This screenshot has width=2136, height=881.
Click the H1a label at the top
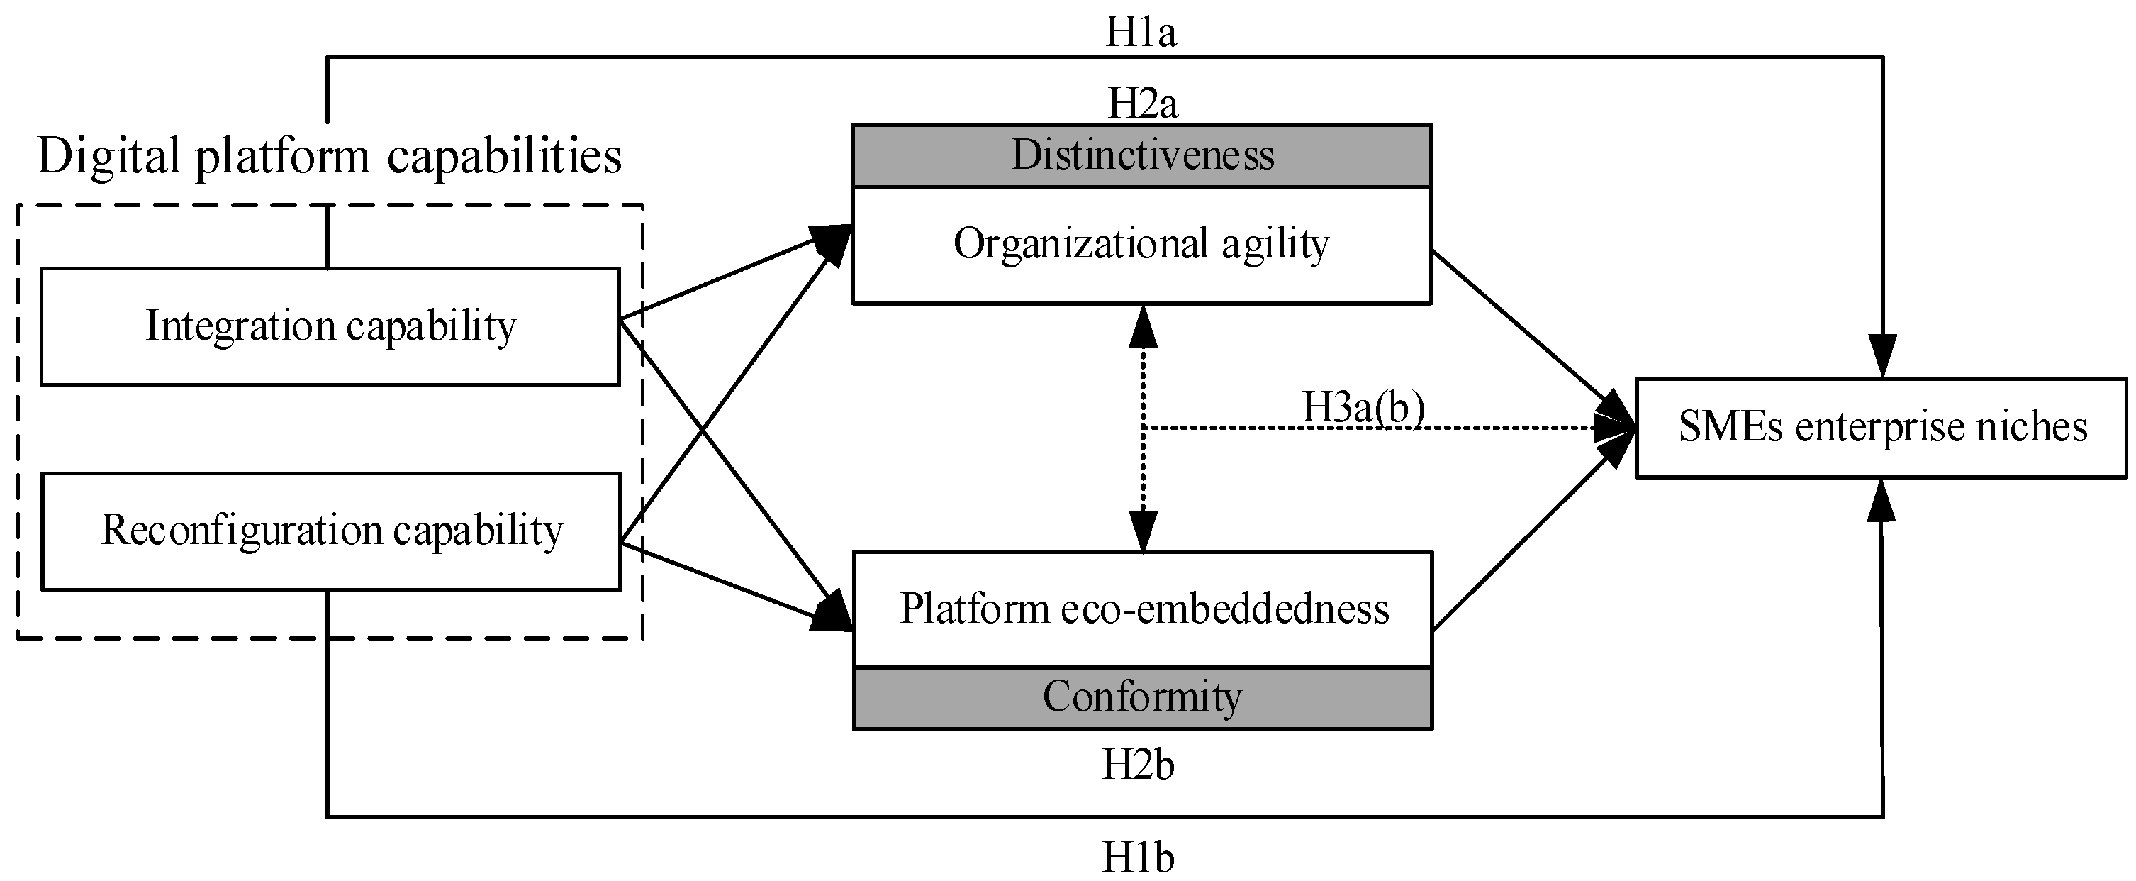1140,33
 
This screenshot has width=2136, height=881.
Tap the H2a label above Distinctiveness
1142,104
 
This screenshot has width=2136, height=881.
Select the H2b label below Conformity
1138,765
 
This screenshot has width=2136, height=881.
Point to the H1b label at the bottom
1138,857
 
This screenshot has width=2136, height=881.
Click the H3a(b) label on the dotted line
1363,407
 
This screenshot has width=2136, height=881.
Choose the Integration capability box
330,326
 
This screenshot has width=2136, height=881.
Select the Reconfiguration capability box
331,531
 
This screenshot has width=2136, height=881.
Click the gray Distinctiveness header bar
1142,156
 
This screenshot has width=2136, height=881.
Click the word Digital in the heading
108,156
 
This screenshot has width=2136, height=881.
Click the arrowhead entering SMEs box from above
1882,357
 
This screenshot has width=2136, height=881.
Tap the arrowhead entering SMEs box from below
1881,501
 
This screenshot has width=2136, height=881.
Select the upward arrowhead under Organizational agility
1143,325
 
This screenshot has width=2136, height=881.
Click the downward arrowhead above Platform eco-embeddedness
1143,531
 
